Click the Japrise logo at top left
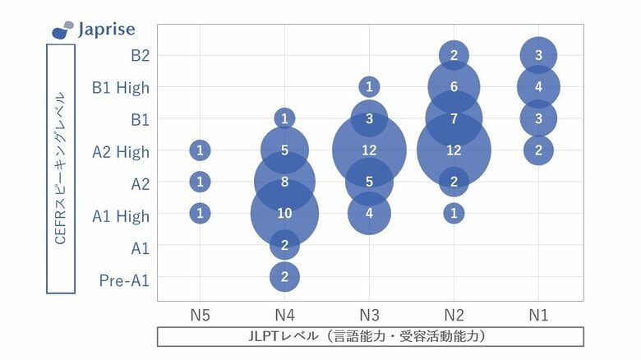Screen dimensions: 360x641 94,30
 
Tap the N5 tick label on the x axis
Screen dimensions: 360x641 199,315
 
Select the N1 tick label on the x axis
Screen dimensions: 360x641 538,315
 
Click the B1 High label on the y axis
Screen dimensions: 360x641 122,87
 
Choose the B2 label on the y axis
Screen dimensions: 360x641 140,56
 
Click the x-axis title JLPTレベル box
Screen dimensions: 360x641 370,337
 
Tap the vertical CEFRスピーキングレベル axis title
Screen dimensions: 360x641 61,168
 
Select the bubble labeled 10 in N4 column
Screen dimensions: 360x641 284,214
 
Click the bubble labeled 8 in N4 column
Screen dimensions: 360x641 284,182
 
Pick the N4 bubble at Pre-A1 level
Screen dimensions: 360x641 284,277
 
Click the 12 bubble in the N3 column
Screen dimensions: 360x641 369,150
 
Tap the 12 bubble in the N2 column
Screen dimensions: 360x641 454,150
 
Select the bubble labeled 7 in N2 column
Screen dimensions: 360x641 454,118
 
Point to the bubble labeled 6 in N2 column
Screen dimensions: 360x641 454,86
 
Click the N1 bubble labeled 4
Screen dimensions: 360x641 538,86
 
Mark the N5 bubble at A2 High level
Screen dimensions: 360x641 200,150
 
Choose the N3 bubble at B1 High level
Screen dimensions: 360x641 369,86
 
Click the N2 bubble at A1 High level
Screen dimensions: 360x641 454,214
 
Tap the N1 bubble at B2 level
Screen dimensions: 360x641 538,55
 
